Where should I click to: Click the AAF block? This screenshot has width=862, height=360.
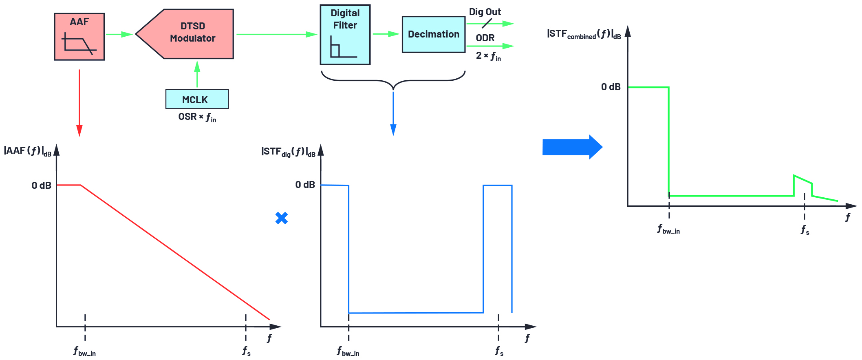point(79,37)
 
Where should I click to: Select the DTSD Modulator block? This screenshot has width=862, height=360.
point(187,33)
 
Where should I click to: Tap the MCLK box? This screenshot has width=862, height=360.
point(197,99)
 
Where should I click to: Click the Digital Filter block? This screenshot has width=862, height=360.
point(345,35)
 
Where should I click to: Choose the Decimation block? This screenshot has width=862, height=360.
point(433,34)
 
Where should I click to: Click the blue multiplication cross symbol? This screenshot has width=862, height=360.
point(281,218)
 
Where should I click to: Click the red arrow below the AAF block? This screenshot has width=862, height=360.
point(79,102)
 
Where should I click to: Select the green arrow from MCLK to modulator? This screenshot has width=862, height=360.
point(197,74)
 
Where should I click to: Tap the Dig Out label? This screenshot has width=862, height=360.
point(485,12)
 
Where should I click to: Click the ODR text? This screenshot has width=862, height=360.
point(485,38)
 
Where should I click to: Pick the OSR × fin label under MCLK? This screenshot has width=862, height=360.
point(197,117)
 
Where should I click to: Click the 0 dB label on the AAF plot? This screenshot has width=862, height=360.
point(41,186)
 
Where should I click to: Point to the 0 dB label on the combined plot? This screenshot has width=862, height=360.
point(611,87)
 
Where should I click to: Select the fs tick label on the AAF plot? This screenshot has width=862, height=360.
point(246,351)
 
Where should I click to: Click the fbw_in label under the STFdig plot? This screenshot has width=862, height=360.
point(348,351)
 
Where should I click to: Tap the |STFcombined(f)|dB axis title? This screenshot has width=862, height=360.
point(583,34)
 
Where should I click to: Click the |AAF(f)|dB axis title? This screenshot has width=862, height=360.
point(28,151)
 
